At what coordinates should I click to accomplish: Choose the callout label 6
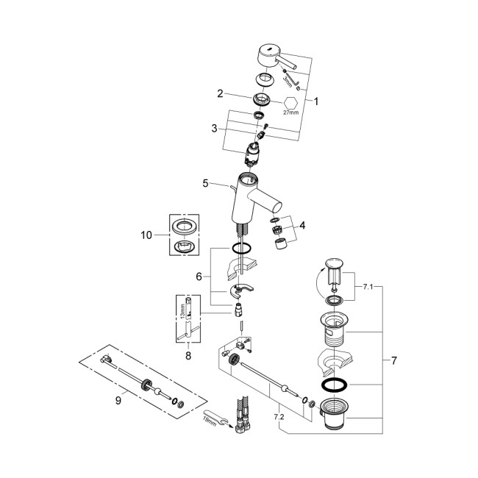point(199,276)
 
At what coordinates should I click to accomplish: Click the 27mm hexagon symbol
point(290,104)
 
